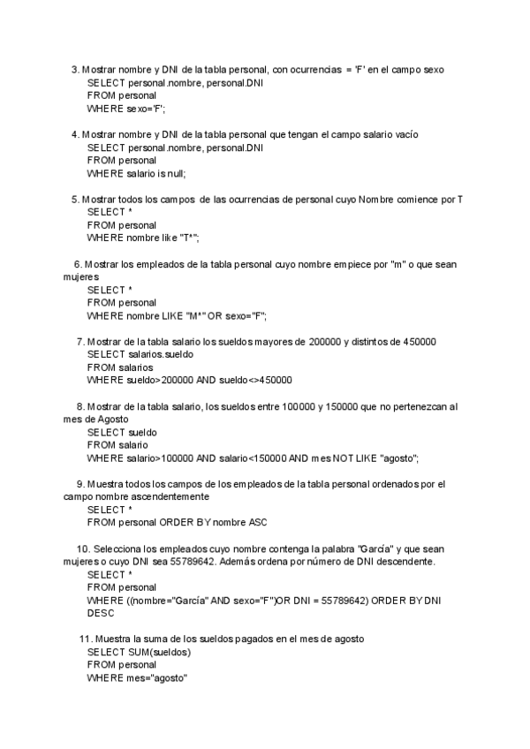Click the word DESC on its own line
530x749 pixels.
(x=102, y=613)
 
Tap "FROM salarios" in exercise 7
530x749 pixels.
(x=120, y=367)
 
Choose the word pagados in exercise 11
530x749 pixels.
(x=264, y=639)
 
